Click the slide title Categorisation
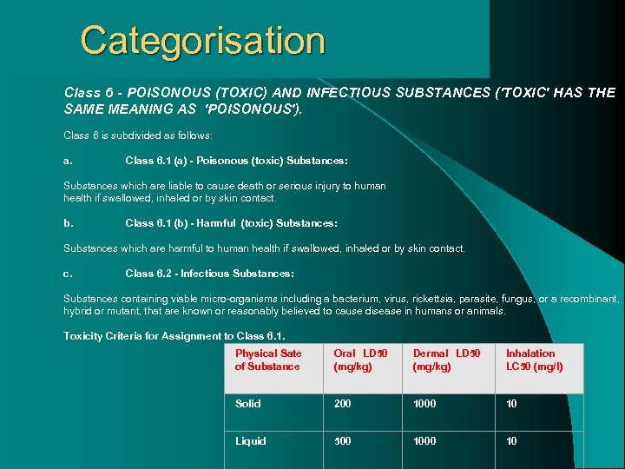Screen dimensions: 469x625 202,41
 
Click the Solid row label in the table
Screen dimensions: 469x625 247,404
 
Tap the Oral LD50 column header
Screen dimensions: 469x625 360,360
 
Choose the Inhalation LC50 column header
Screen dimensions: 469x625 534,360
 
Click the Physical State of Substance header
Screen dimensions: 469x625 268,360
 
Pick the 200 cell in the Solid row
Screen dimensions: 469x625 343,404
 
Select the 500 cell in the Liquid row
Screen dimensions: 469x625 343,441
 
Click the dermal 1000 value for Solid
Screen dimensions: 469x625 424,404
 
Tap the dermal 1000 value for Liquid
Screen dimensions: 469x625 424,441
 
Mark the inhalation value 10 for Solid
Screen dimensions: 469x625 511,404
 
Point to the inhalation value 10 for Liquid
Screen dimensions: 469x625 511,441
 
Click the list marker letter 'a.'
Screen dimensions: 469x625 68,161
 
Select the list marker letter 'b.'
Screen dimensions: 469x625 68,223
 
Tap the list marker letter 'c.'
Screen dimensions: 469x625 68,274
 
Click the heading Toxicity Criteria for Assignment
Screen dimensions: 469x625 174,336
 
